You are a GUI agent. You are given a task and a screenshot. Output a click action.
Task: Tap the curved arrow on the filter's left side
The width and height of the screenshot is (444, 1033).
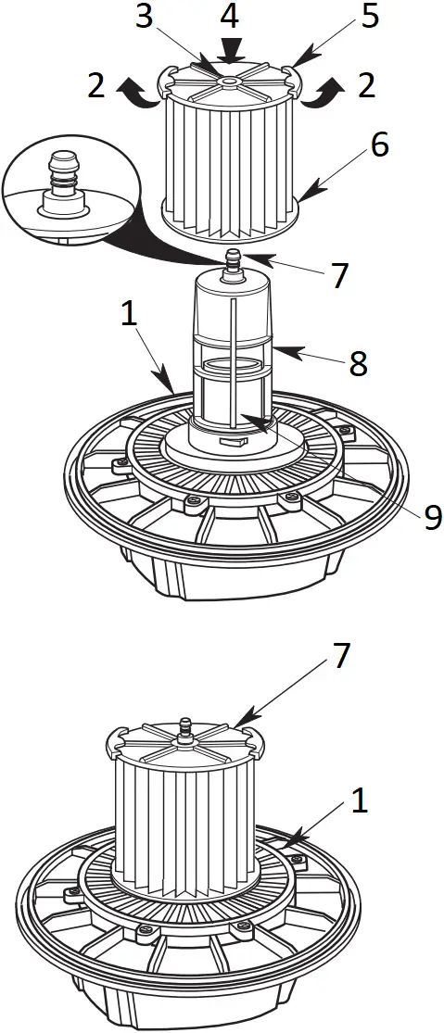tap(137, 93)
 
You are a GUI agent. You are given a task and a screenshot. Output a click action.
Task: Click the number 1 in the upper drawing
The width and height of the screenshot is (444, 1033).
tap(130, 314)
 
